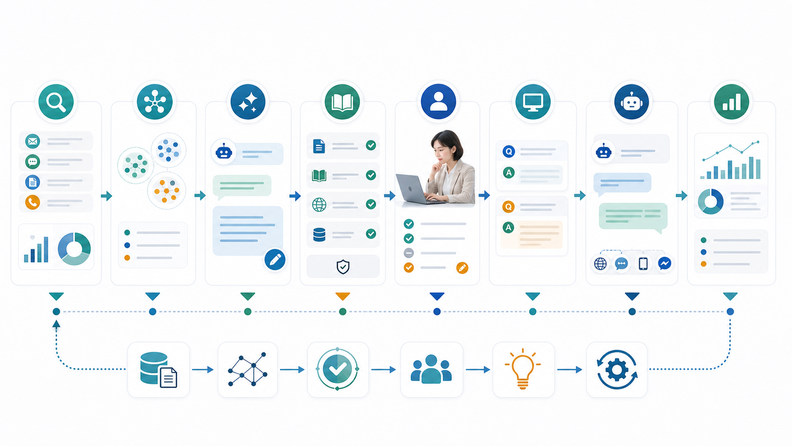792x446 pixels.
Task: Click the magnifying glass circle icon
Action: point(56,102)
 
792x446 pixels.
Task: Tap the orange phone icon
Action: point(33,202)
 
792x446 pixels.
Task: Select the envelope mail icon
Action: point(33,141)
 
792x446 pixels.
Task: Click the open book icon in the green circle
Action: point(342,102)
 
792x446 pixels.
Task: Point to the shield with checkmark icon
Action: point(342,267)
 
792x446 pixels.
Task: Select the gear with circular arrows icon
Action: point(617,370)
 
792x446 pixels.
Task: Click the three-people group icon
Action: point(431,369)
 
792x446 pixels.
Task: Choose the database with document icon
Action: point(158,370)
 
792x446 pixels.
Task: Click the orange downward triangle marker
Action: point(342,296)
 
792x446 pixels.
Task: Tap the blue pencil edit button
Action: point(275,260)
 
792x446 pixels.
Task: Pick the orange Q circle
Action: point(508,207)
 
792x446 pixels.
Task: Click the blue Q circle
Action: point(508,151)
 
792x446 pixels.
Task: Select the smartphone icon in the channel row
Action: point(643,264)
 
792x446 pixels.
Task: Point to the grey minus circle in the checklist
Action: point(409,253)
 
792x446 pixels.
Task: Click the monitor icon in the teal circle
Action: point(533,102)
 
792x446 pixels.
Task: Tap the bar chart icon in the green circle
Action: point(731,102)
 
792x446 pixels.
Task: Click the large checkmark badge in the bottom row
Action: point(337,369)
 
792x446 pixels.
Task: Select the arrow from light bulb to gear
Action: point(569,370)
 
